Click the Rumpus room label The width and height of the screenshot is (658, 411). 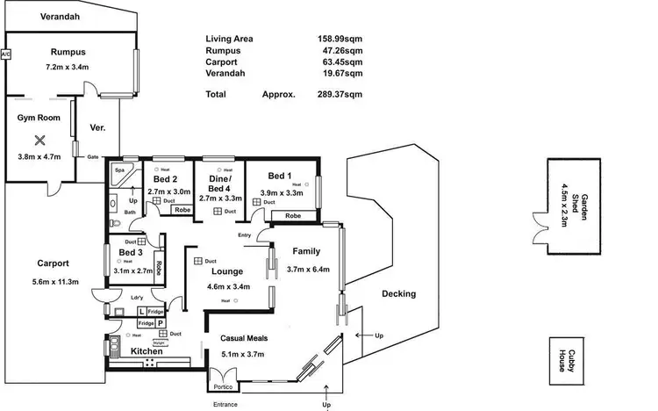click(68, 52)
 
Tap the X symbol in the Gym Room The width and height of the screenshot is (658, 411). click(39, 140)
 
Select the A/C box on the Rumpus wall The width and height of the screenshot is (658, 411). click(5, 54)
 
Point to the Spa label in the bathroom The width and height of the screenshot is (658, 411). click(118, 169)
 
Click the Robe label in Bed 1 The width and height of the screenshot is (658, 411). click(293, 215)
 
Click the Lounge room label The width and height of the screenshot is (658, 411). click(226, 272)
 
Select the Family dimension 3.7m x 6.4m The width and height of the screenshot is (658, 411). click(308, 270)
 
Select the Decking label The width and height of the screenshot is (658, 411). click(399, 294)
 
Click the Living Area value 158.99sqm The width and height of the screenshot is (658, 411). click(340, 40)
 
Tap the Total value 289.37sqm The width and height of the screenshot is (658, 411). click(340, 93)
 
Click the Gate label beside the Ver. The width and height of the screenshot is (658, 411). click(92, 157)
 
